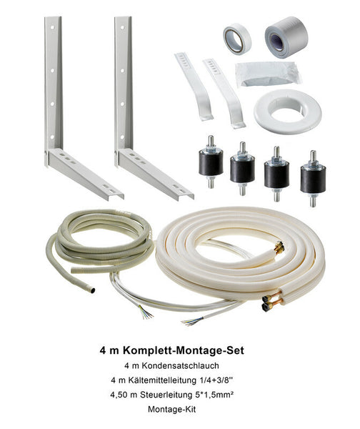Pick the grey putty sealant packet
268,74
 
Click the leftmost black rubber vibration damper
211,162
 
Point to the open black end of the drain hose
93,290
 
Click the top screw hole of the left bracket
52,28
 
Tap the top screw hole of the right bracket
122,28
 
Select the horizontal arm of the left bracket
86,174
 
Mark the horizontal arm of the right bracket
156,174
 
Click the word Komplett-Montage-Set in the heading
183,350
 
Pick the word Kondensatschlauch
179,365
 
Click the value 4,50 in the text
119,395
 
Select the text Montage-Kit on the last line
172,409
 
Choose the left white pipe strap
194,87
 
